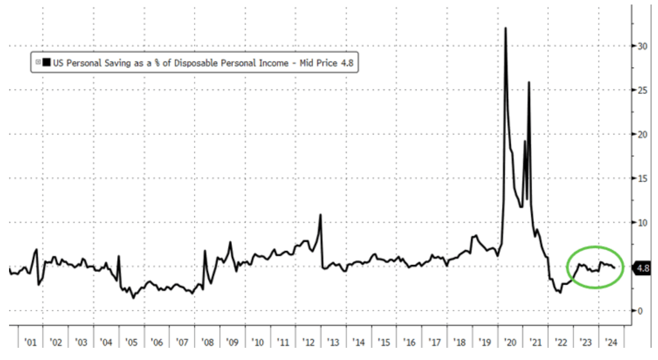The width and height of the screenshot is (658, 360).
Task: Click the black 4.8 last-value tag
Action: pos(643,268)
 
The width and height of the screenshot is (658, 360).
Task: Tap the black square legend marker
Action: pos(48,62)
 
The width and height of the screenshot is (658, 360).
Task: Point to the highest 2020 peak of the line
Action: pos(506,28)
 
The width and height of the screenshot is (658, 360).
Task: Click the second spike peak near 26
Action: pos(529,82)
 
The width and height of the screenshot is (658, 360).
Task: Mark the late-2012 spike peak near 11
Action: pos(320,215)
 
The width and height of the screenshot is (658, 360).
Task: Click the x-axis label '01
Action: pos(28,343)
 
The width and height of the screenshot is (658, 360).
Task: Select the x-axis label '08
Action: pos(207,343)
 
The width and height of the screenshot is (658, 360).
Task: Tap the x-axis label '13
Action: pos(333,343)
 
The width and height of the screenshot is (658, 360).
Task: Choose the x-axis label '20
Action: pos(511,343)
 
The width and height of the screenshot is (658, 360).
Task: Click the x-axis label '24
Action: pos(612,343)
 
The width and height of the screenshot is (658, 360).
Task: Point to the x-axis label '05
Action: pos(130,343)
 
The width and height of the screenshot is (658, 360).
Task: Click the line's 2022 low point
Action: pos(560,292)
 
